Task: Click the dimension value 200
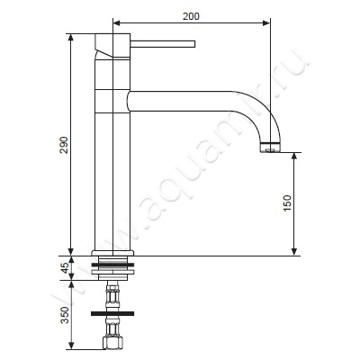(191, 16)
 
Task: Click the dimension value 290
(64, 145)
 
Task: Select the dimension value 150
(287, 203)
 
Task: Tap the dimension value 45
(64, 268)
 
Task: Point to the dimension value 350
(65, 315)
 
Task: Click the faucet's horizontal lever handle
(163, 44)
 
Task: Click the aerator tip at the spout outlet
(270, 147)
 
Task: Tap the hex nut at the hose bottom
(112, 343)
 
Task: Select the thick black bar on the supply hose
(112, 313)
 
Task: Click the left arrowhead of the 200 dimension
(116, 23)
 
